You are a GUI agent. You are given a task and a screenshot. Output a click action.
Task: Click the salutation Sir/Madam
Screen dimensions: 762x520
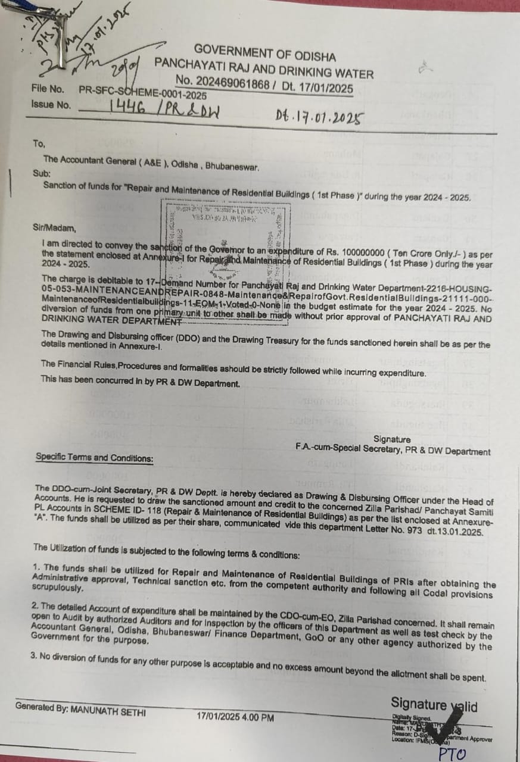point(55,228)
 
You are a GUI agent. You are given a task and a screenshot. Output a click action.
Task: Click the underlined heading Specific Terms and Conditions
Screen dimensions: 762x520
point(94,458)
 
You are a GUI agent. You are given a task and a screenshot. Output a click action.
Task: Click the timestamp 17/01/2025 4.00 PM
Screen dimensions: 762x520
point(235,717)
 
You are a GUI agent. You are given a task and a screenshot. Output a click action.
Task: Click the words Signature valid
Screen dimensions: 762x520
point(434,705)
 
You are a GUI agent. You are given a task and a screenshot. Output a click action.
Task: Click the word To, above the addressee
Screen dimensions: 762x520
point(39,144)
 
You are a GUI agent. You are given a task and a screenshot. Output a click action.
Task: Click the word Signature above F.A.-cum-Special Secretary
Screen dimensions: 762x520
point(391,439)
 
